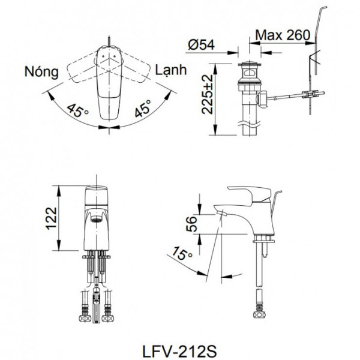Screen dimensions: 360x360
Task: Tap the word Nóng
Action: click(x=41, y=73)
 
